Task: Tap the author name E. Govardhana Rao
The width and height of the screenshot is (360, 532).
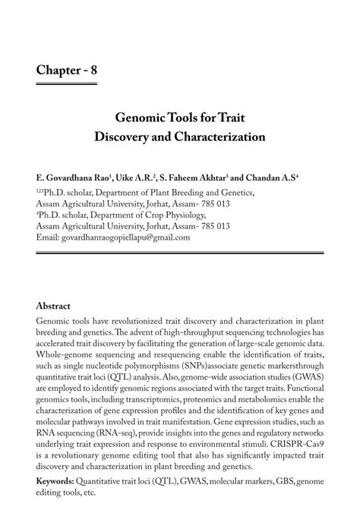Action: [71, 176]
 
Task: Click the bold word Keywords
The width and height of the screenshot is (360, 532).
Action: [56, 482]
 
